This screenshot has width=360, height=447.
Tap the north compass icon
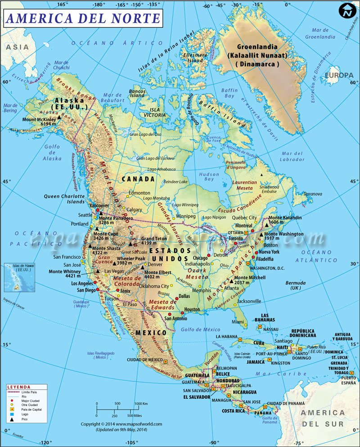pos(347,10)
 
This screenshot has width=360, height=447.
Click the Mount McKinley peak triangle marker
pos(59,117)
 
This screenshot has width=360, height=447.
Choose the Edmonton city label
pos(139,193)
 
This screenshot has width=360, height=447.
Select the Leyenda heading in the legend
pos(19,387)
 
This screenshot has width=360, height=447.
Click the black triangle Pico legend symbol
pos(10,419)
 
